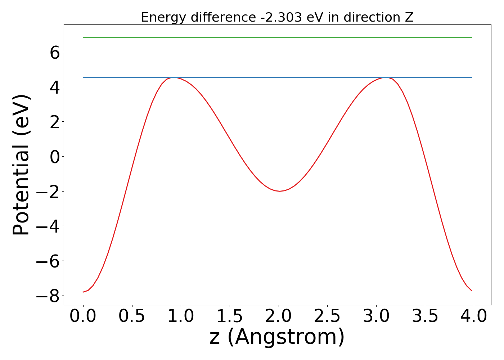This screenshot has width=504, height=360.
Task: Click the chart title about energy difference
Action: (277, 17)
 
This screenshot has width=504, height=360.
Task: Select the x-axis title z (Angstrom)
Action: (277, 337)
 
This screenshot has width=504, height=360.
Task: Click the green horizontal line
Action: (277, 37)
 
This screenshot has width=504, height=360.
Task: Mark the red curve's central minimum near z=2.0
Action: (279, 191)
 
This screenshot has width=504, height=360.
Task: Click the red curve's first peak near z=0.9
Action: (173, 78)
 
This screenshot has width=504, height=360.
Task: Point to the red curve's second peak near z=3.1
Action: (386, 78)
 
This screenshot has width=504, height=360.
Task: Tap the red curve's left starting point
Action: (84, 292)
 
